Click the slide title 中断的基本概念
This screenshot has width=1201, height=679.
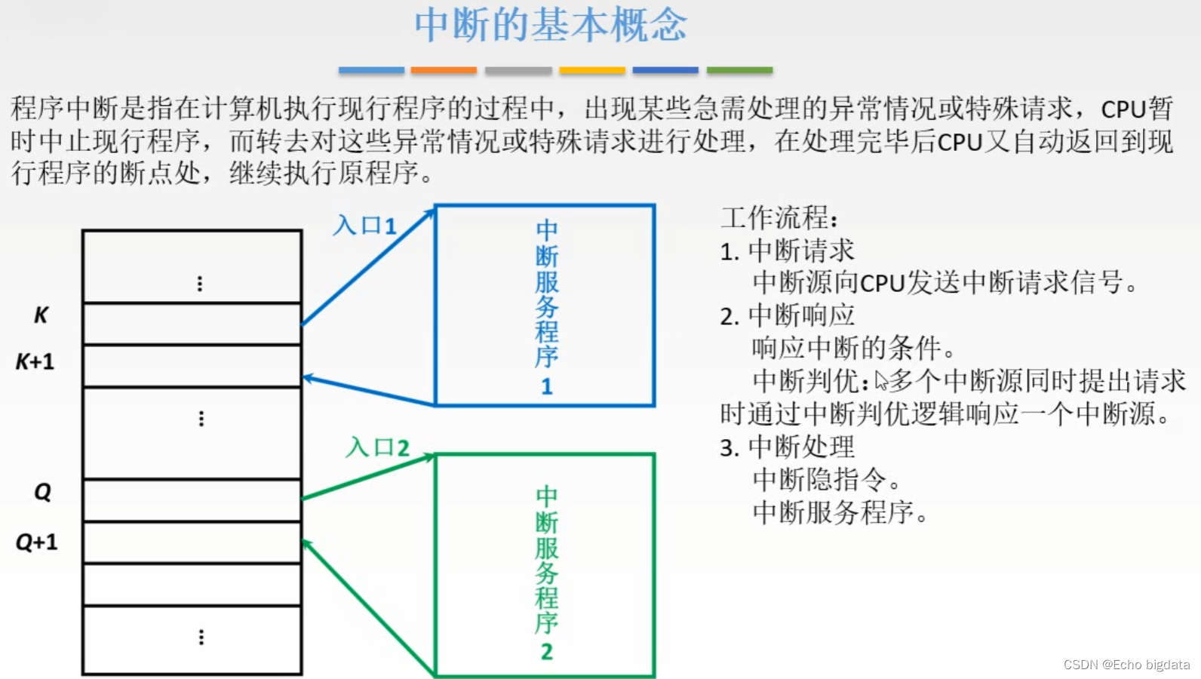pyautogui.click(x=551, y=25)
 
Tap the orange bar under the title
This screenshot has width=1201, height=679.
pyautogui.click(x=444, y=70)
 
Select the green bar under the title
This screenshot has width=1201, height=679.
pyautogui.click(x=739, y=70)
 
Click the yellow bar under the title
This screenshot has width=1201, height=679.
pyautogui.click(x=592, y=70)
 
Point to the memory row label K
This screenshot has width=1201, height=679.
pyautogui.click(x=41, y=315)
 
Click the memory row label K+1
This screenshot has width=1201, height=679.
pyautogui.click(x=35, y=362)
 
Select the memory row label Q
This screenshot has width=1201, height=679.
pyautogui.click(x=43, y=493)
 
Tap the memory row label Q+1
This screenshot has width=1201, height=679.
pyautogui.click(x=37, y=542)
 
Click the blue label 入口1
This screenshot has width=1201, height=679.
pyautogui.click(x=364, y=226)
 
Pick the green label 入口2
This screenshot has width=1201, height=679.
pyautogui.click(x=377, y=447)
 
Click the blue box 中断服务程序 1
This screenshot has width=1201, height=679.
pyautogui.click(x=545, y=306)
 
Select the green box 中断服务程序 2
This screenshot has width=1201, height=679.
pyautogui.click(x=545, y=566)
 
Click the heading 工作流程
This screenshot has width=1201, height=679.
pyautogui.click(x=779, y=218)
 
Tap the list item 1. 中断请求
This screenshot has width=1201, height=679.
pyautogui.click(x=787, y=251)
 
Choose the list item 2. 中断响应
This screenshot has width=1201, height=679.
pyautogui.click(x=787, y=315)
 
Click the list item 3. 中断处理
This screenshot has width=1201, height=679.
pyautogui.click(x=787, y=447)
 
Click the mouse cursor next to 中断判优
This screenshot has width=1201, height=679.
pyautogui.click(x=880, y=380)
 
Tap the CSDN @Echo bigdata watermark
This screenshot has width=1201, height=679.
pyautogui.click(x=1126, y=665)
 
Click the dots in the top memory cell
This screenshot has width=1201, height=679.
pyautogui.click(x=200, y=284)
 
